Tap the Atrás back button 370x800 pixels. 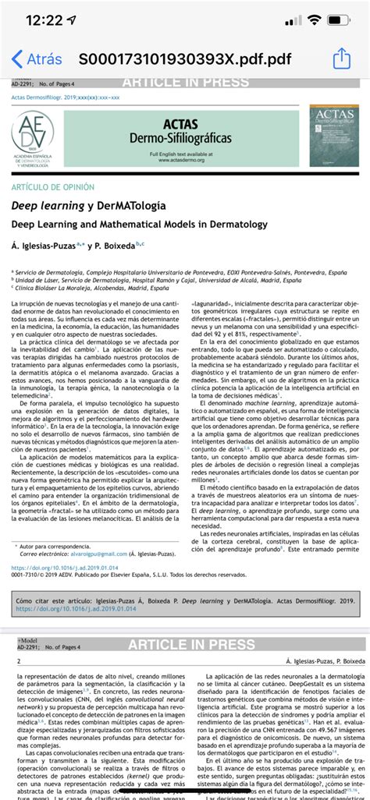37,59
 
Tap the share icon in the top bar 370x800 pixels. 341,59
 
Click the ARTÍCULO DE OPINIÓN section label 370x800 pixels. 63,188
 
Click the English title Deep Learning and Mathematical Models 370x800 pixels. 139,225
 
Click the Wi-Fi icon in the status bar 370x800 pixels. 315,20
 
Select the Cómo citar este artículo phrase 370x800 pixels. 53,601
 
